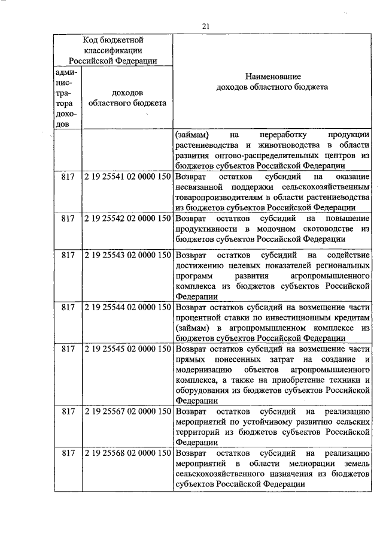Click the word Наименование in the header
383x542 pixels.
click(272, 76)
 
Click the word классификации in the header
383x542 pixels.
click(113, 50)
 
